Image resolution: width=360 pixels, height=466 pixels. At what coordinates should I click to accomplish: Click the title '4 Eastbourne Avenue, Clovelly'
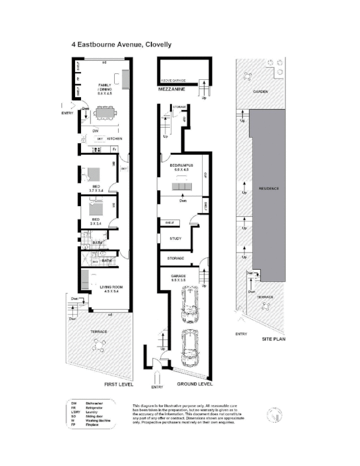121,44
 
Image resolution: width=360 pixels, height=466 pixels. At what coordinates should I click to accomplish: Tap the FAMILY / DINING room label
105,89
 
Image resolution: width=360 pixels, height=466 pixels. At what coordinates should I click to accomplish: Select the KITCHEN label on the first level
114,139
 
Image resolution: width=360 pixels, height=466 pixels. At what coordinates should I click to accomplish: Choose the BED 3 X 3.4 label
96,221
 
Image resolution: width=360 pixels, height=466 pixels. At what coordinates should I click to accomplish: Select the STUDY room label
175,238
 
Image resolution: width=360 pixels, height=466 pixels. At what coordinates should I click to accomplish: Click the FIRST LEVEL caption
119,384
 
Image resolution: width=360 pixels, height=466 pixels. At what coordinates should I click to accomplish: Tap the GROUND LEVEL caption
195,384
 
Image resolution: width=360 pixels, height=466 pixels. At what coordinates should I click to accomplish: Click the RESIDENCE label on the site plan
269,188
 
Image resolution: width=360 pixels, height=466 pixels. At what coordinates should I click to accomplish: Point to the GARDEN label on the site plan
260,92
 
